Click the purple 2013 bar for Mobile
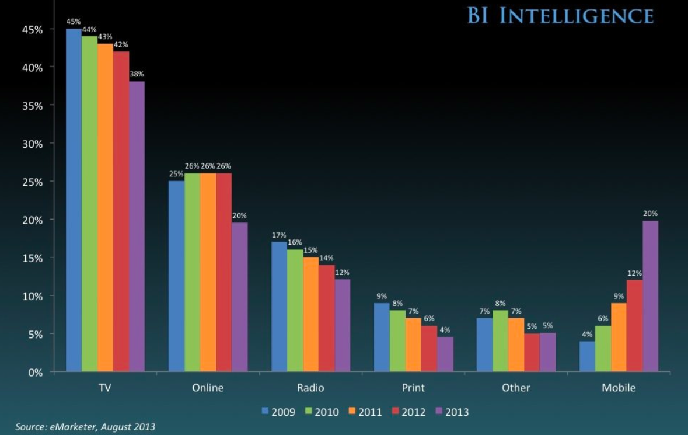click(x=650, y=296)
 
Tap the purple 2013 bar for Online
click(x=240, y=297)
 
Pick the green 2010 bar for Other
click(x=501, y=341)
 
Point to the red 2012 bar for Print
click(x=429, y=349)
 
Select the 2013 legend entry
click(x=452, y=412)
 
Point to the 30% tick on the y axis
click(x=33, y=143)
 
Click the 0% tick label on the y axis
click(x=36, y=372)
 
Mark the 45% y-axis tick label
click(x=33, y=29)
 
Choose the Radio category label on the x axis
click(x=310, y=388)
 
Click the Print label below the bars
click(x=413, y=388)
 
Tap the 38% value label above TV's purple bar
click(x=137, y=74)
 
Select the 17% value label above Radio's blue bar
click(x=280, y=235)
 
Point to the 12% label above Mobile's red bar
click(x=634, y=273)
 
